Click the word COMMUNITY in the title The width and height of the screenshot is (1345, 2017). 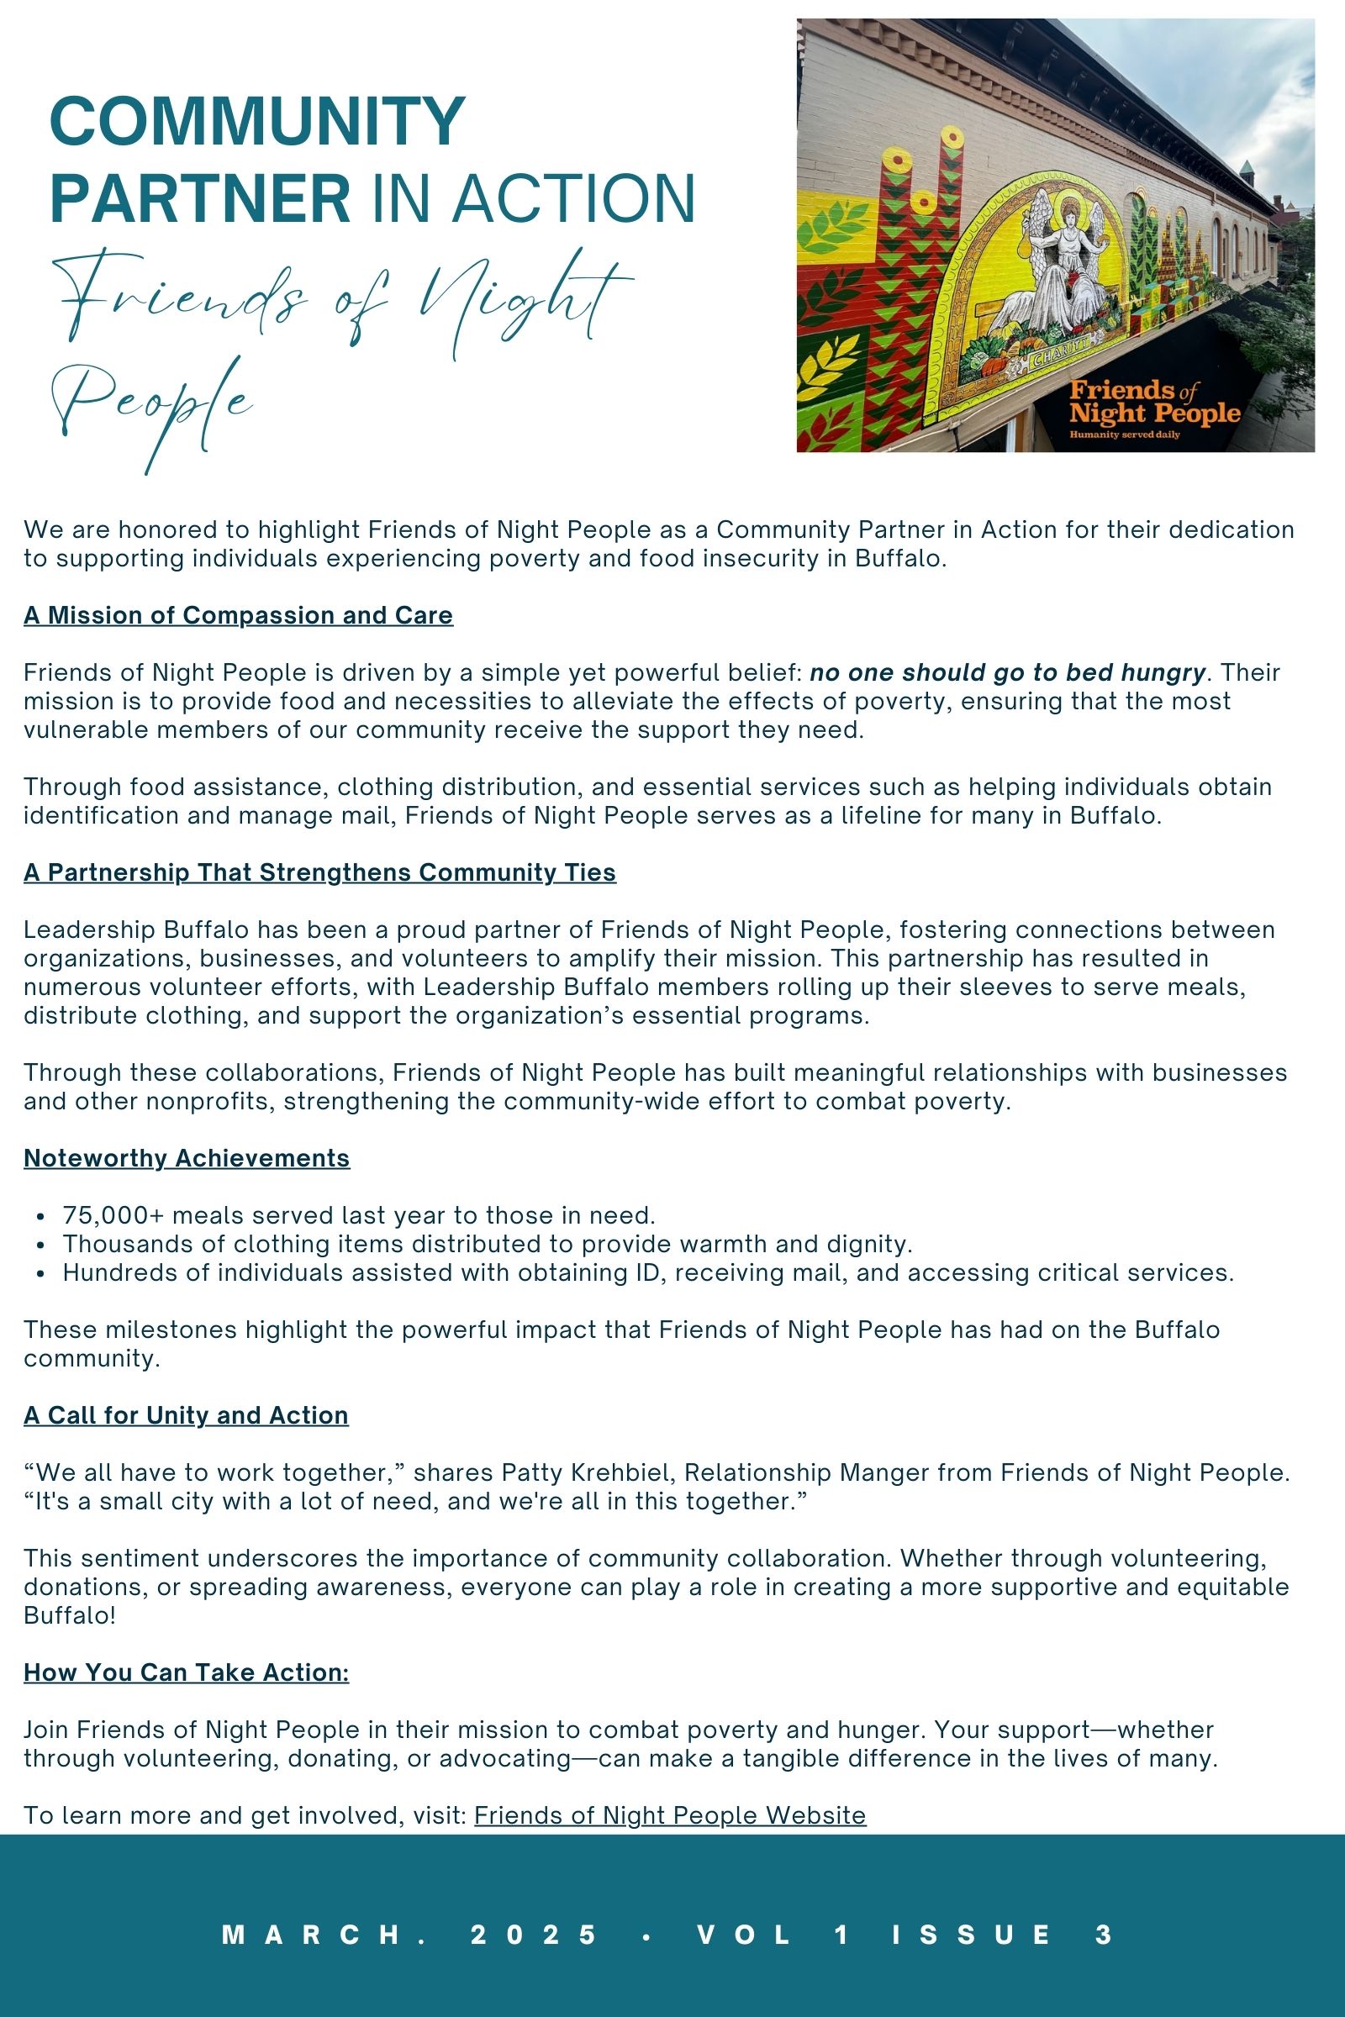pos(257,122)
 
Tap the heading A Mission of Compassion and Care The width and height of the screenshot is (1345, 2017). pos(238,615)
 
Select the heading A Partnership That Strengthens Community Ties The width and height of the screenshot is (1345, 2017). pos(319,872)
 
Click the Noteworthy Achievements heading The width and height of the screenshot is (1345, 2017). pos(186,1158)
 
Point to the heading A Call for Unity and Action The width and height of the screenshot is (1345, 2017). pos(185,1415)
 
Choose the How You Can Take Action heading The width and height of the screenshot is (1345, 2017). pos(186,1672)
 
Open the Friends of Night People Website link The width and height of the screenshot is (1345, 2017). pos(670,1815)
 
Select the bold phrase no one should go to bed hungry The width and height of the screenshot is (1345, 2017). pos(1007,672)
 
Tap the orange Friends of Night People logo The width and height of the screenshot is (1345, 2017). pos(1153,403)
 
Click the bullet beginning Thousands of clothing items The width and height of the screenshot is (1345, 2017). pos(488,1244)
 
